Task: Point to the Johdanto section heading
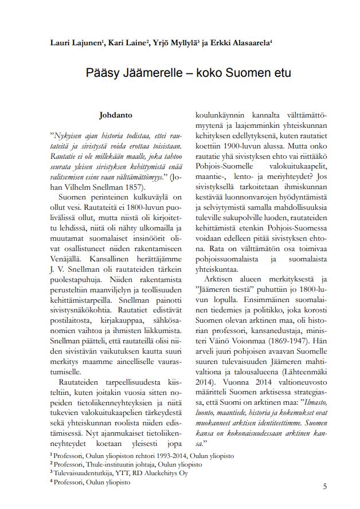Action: [116, 114]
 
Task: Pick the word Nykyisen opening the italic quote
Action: [68, 136]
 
